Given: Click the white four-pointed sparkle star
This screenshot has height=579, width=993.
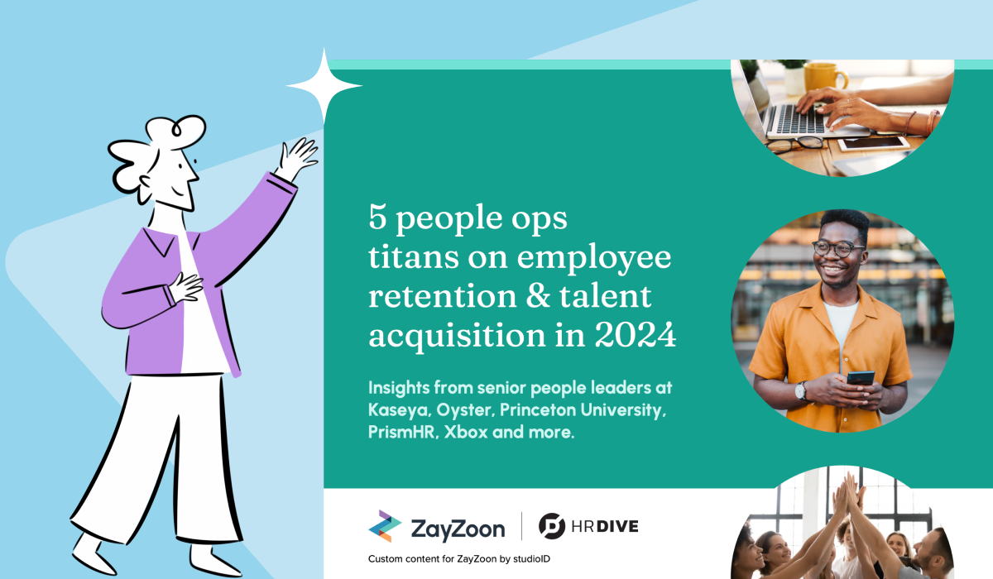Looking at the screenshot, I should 324,86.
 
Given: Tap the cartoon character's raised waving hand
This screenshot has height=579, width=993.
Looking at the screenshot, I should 297,158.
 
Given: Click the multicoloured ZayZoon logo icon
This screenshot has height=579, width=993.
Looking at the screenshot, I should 385,526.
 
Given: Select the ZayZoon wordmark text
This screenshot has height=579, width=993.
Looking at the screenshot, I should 458,527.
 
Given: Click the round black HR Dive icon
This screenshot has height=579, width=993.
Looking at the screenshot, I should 552,526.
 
